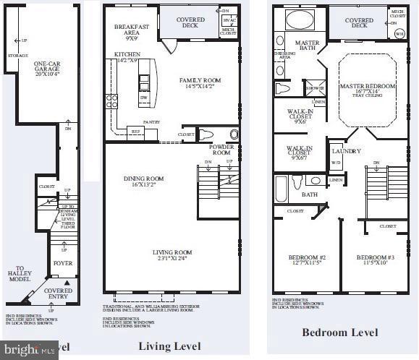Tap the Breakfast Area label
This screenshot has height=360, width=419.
[131, 30]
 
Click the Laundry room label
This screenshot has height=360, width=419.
[342, 151]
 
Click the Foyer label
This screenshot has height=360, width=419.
[64, 263]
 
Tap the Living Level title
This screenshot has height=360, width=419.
[169, 346]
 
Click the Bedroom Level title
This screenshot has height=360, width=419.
[339, 333]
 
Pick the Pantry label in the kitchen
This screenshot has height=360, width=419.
[151, 123]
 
